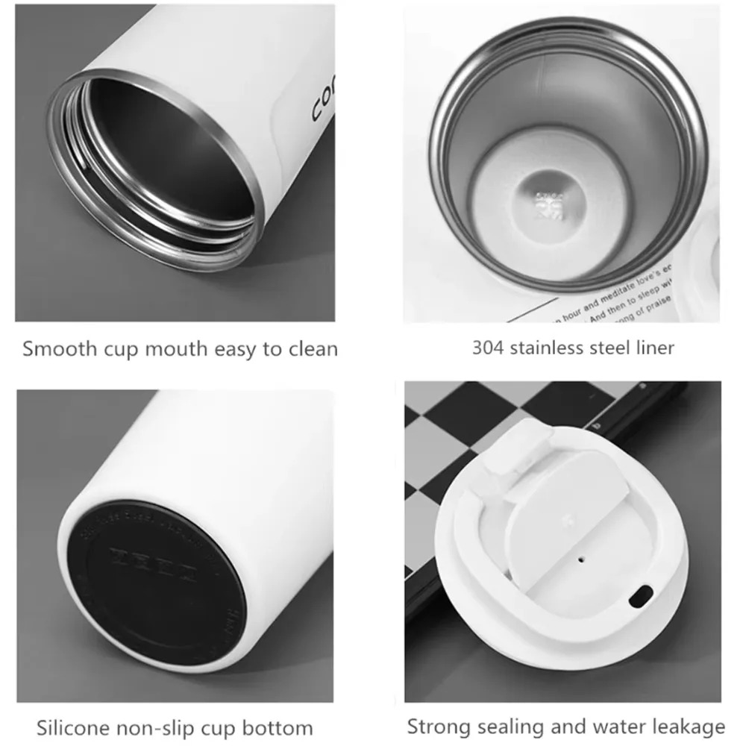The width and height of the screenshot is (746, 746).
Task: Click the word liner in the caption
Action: coord(653,348)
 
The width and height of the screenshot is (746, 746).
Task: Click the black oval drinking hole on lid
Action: coord(639,596)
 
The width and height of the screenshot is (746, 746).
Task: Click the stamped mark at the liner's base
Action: coord(547,201)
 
